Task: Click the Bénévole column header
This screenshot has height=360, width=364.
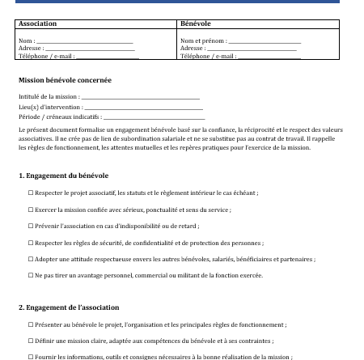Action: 196,25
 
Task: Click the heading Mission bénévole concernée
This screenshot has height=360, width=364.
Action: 65,80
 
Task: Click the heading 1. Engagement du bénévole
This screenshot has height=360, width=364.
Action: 63,176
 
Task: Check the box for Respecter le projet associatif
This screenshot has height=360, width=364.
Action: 30,194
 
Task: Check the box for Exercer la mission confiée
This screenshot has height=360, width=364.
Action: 30,210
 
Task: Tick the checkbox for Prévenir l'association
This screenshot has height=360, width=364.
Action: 30,227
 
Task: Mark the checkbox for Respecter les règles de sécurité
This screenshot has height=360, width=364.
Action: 30,243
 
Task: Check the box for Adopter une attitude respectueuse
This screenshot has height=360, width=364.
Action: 30,259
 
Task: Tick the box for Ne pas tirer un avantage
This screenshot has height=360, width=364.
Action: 30,275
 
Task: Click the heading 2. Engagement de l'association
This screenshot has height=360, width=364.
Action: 69,307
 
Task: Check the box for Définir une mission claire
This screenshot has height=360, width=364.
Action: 30,341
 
